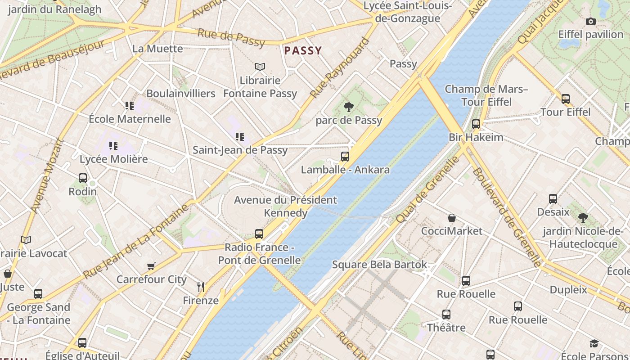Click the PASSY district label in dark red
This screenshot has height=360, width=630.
303,50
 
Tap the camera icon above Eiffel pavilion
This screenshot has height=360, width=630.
591,21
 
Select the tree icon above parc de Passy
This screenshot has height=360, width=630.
348,107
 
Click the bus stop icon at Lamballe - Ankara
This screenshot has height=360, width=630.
345,157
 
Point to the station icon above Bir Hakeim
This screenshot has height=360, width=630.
476,124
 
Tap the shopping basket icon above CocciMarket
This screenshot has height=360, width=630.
452,218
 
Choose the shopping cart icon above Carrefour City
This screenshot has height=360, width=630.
151,266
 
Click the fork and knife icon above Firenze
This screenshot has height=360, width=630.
201,287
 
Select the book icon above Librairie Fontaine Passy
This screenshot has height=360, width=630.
260,67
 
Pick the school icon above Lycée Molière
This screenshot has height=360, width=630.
113,145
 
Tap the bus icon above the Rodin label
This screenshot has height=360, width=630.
83,178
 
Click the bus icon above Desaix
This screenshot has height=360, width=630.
553,199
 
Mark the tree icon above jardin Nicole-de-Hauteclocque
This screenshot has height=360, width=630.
583,218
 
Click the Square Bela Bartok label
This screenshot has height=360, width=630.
379,264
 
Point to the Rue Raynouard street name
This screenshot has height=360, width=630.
340,68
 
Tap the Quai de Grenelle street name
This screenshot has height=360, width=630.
427,189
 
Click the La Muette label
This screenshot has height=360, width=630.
157,49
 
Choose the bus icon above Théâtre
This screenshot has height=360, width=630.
446,315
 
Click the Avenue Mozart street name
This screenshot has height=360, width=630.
46,176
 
